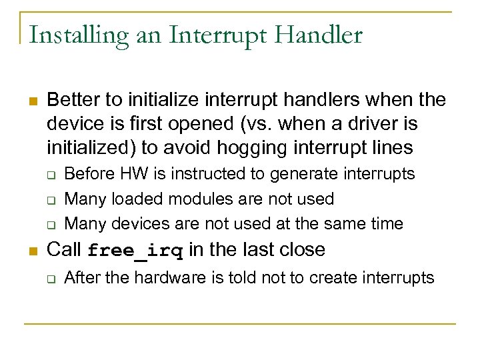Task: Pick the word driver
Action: tap(374, 123)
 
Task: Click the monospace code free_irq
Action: tap(135, 251)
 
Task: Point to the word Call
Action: tap(64, 250)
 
